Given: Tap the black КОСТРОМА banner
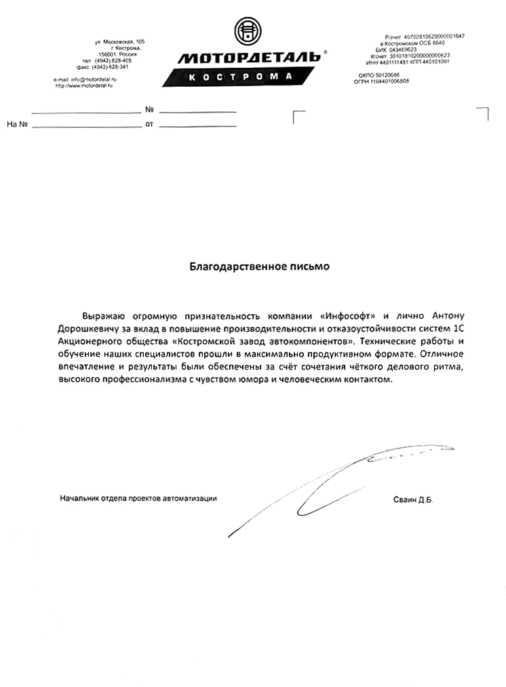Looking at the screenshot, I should pyautogui.click(x=240, y=77).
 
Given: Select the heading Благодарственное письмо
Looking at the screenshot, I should pyautogui.click(x=259, y=267).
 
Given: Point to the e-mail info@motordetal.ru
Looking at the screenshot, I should pyautogui.click(x=81, y=80).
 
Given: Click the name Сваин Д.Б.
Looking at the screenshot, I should pyautogui.click(x=412, y=500).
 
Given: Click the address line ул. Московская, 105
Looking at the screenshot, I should pyautogui.click(x=120, y=42).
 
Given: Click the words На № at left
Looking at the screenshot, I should pyautogui.click(x=16, y=125).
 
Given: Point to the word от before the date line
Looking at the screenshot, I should pyautogui.click(x=149, y=125).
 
